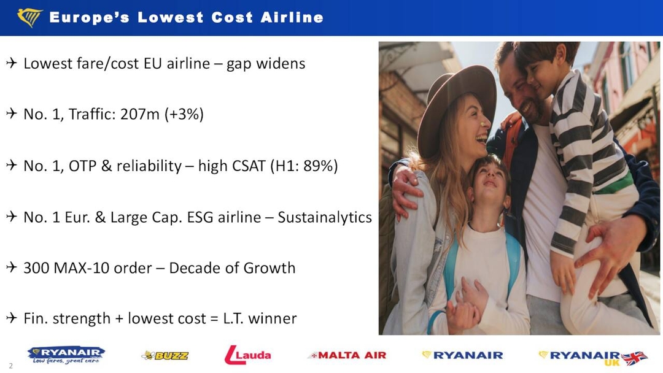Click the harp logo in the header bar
(29, 18)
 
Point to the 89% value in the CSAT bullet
(319, 166)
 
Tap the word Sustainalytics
(325, 217)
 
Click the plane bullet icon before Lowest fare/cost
(12, 64)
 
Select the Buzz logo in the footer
(165, 355)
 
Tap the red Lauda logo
(247, 355)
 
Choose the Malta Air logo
(347, 355)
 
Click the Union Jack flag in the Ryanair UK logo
(634, 357)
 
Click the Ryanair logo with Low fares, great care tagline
(66, 355)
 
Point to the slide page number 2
(11, 366)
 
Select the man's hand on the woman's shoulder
(406, 190)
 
